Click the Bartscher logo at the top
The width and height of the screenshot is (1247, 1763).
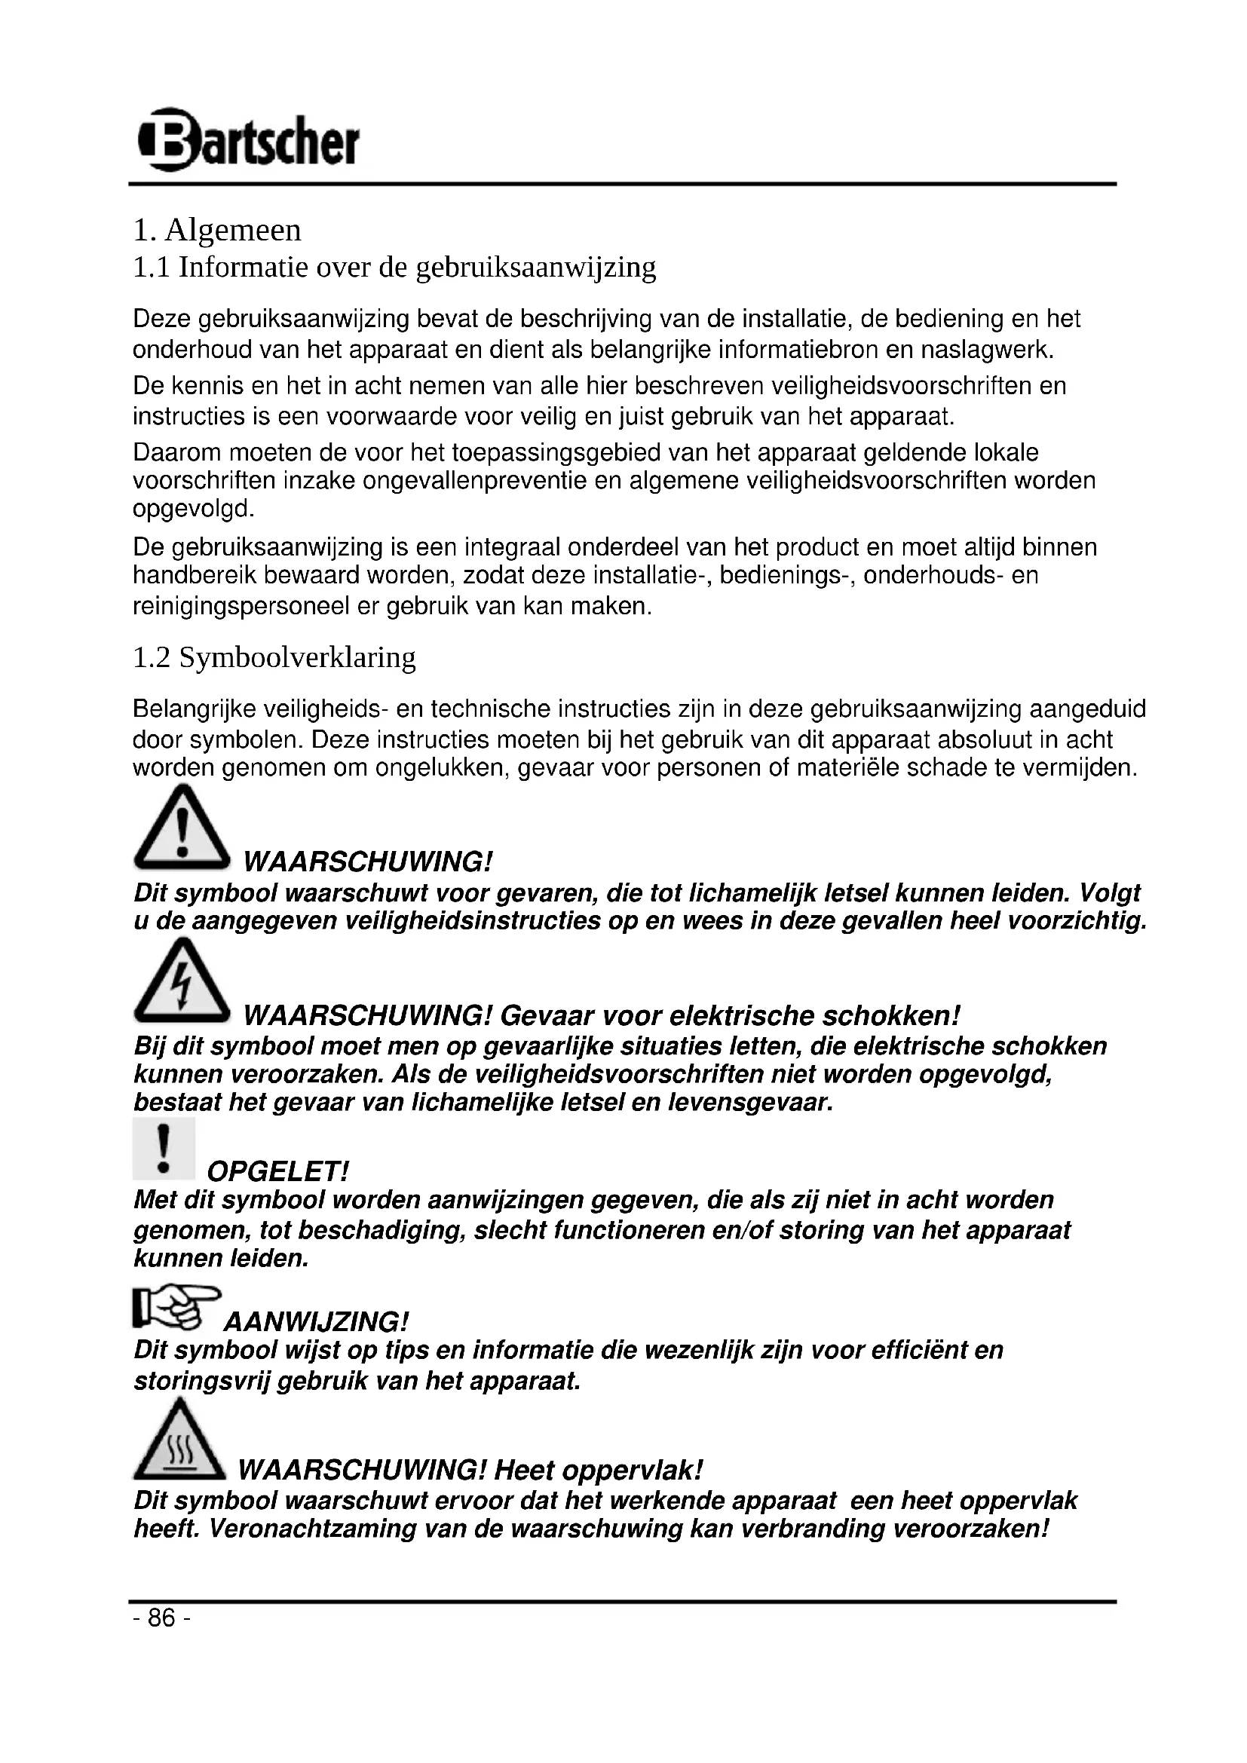[248, 140]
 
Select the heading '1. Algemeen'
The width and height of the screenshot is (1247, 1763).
[217, 231]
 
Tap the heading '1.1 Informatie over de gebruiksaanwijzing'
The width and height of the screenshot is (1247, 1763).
[394, 268]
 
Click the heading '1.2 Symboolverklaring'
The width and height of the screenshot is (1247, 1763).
[274, 657]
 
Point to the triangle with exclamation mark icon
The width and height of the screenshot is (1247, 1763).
[182, 828]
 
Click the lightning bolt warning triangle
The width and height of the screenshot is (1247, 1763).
[182, 982]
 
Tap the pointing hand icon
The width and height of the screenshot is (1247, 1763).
[176, 1307]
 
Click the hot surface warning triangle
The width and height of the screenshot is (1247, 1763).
[179, 1440]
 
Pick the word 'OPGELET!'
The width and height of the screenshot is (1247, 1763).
[278, 1172]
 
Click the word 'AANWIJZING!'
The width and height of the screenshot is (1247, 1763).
[316, 1322]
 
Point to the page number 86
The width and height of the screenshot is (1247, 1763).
[161, 1618]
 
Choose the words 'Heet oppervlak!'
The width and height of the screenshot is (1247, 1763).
[598, 1471]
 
